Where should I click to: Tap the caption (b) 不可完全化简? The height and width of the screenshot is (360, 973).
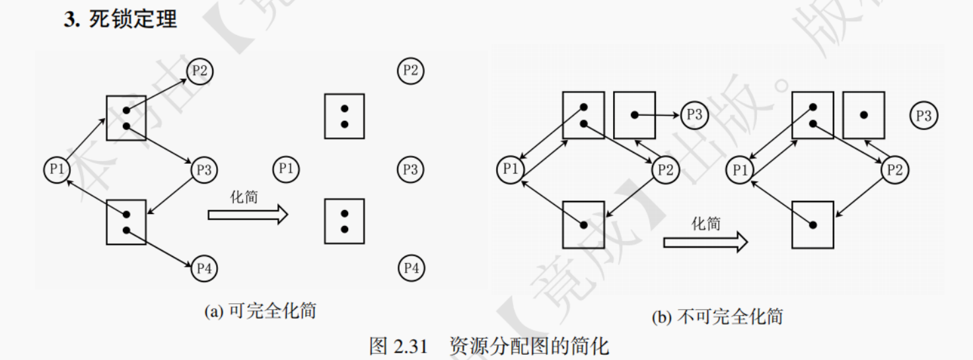pos(717,316)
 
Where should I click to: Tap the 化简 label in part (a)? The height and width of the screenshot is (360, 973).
pos(244,197)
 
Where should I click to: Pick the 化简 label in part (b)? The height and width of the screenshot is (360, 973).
pos(705,224)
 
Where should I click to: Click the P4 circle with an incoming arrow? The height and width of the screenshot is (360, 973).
pos(203,268)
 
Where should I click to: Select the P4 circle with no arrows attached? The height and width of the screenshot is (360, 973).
pos(411,268)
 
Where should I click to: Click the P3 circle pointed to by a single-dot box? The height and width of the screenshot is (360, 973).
pos(694,115)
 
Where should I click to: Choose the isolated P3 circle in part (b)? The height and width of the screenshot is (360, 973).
pos(923,116)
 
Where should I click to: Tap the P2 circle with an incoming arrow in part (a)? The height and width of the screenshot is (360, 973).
pos(200,71)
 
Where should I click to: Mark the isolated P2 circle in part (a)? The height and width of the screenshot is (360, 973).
pos(411,70)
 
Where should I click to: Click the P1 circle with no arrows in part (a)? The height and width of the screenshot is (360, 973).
pos(285,169)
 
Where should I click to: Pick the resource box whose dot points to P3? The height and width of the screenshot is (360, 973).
pos(634,115)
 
